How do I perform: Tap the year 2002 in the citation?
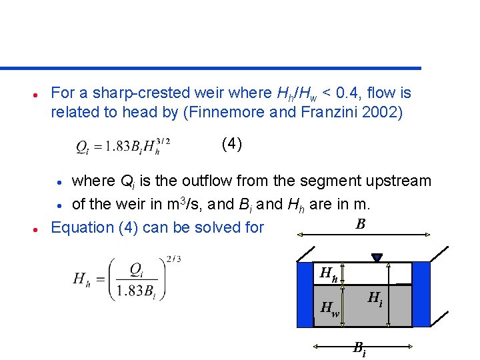(x=380, y=112)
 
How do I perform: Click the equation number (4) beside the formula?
(x=231, y=144)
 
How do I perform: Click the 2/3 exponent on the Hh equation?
(x=173, y=259)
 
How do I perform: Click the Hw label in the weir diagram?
(x=329, y=308)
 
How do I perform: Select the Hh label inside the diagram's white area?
(x=329, y=273)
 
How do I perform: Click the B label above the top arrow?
(x=360, y=224)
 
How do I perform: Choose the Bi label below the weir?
(x=359, y=348)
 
